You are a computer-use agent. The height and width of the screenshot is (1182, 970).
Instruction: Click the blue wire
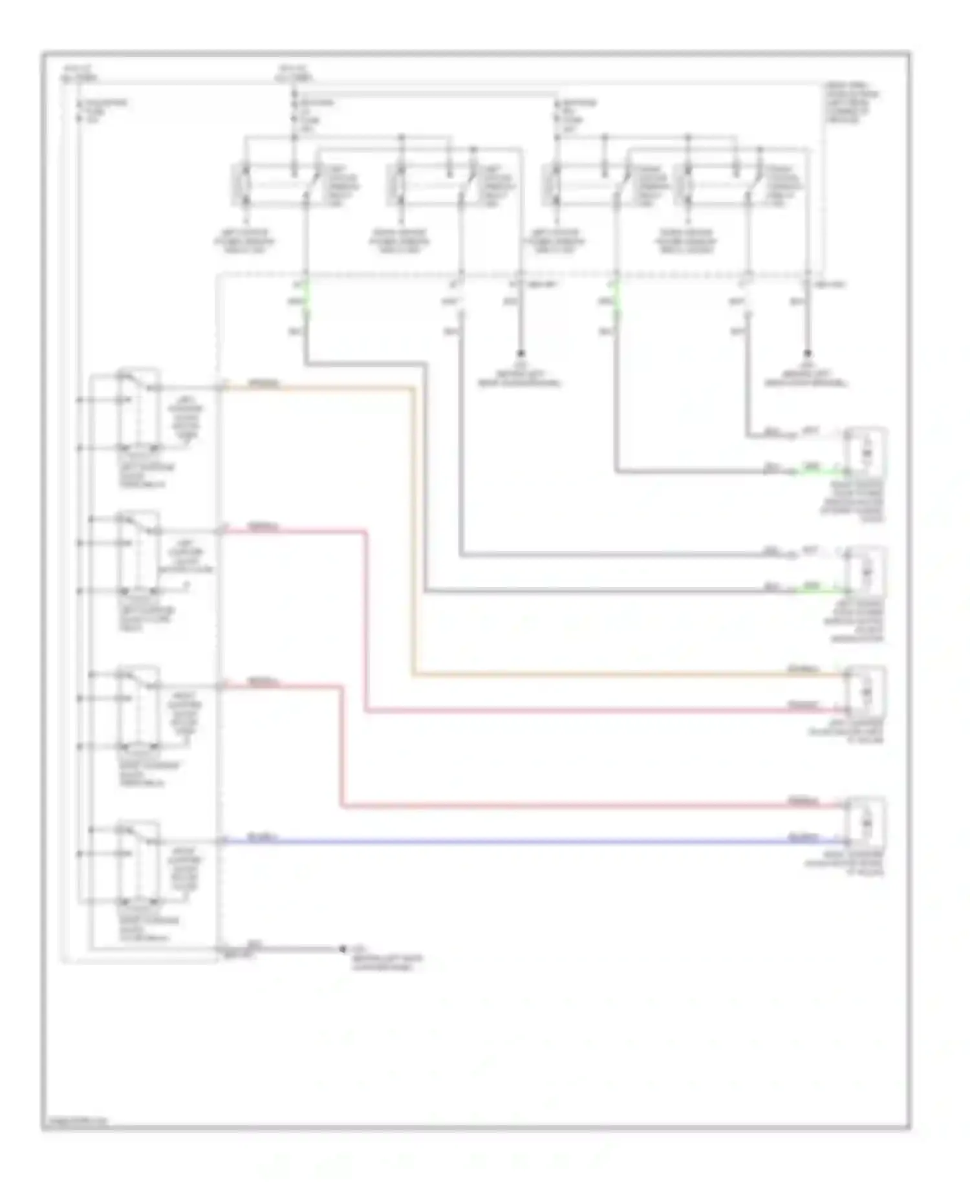[517, 842]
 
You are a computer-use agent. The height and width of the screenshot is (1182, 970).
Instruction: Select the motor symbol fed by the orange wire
[866, 693]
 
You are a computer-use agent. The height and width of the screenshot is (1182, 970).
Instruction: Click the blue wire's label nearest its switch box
[263, 837]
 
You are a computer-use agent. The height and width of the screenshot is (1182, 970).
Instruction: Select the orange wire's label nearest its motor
[803, 669]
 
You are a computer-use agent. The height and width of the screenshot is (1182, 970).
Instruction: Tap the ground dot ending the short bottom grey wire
[343, 949]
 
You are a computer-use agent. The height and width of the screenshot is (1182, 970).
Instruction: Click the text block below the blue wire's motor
[845, 863]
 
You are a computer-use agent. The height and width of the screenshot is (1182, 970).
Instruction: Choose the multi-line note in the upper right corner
[851, 103]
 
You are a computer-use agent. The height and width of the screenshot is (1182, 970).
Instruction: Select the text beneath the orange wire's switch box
[146, 475]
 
